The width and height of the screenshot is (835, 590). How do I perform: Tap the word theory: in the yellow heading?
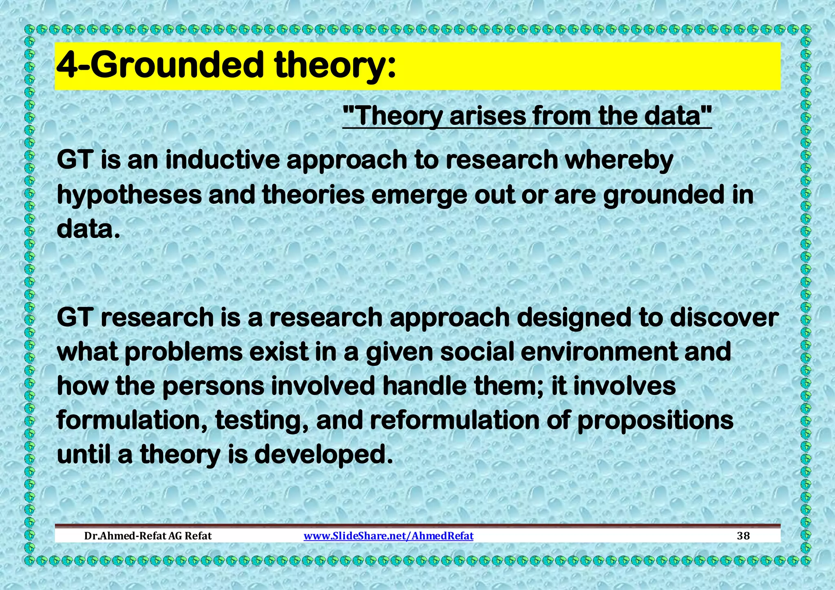335,66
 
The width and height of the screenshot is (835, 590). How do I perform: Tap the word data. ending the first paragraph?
88,229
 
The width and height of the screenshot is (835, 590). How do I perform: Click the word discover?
724,317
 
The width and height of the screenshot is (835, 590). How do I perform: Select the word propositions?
655,421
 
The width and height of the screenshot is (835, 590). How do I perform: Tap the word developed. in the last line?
323,455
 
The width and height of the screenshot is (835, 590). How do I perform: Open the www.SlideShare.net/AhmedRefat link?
389,536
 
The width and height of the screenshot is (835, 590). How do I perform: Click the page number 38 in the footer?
743,536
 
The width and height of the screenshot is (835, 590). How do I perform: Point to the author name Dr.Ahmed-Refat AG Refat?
148,536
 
